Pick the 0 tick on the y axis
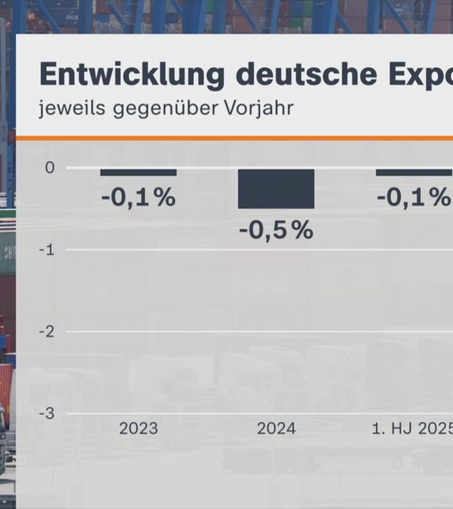tap(50, 168)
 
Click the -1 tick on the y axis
tap(47, 250)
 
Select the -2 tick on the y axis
tap(47, 332)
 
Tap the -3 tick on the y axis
tap(47, 414)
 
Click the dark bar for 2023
tap(138, 172)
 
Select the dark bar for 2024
tap(276, 189)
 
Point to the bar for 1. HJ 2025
tap(414, 172)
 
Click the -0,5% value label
tap(276, 230)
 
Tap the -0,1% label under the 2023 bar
tap(138, 198)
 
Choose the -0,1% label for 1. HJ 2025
tap(414, 198)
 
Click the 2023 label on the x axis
tap(138, 428)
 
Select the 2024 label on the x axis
tap(276, 428)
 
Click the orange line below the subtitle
tap(234, 138)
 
